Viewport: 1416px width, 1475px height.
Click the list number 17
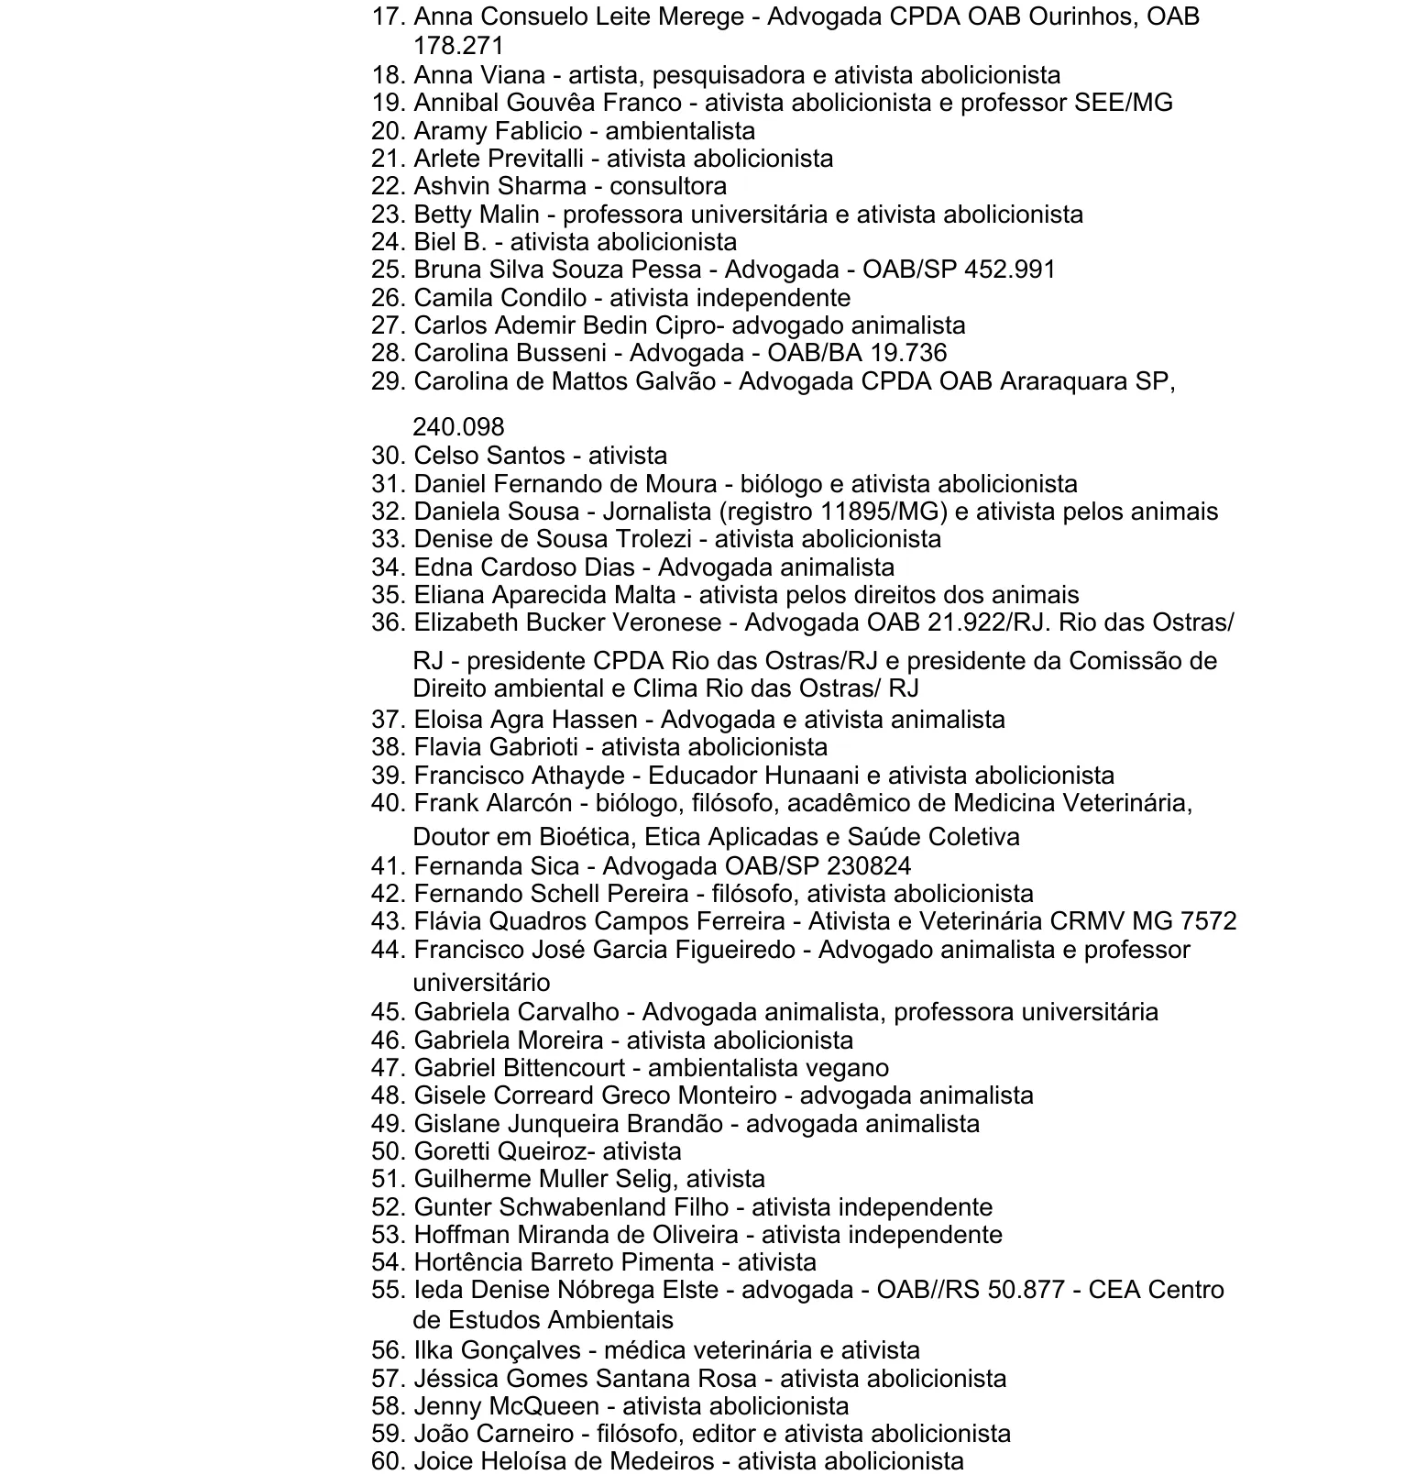coord(387,17)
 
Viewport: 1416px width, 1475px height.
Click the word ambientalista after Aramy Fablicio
coord(680,131)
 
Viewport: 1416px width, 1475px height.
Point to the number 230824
coord(869,866)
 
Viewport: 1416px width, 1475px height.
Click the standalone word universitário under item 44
coord(482,983)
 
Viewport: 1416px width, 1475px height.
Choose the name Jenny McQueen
coord(506,1406)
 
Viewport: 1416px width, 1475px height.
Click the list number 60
coord(387,1461)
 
